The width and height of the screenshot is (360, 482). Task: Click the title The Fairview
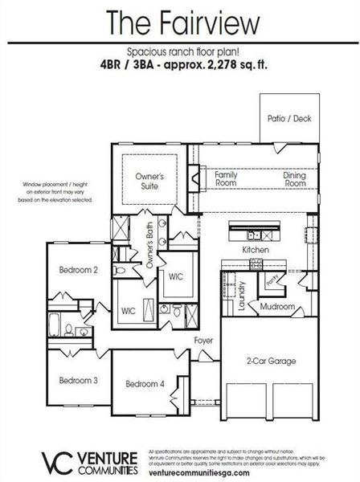[180, 19]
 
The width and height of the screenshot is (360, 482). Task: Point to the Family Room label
[225, 178]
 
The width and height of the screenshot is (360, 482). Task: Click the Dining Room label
[295, 178]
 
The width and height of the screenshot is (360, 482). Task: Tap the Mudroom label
[277, 308]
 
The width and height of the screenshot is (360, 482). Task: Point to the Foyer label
[203, 340]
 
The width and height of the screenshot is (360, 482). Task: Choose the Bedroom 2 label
[78, 271]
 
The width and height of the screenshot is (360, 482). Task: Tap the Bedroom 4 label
[145, 384]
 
